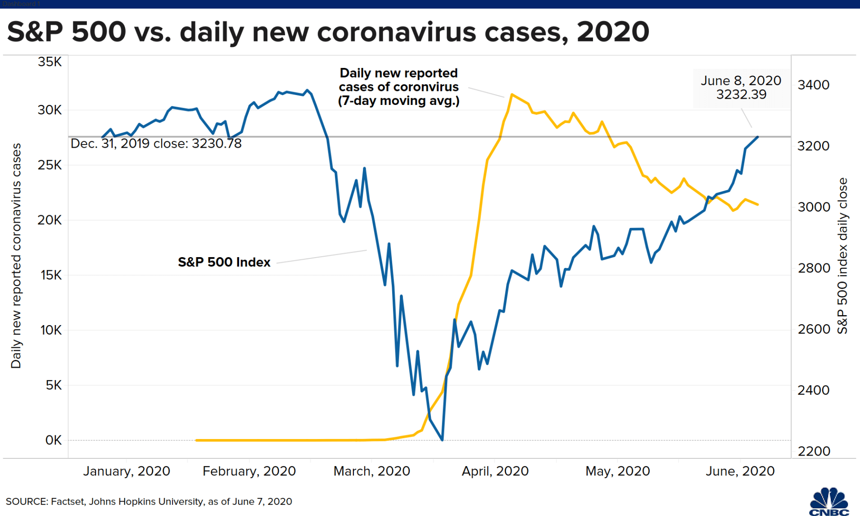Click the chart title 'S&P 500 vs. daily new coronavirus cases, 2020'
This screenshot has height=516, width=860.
click(328, 32)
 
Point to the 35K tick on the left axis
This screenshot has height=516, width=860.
click(50, 62)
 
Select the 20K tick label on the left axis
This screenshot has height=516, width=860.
click(50, 220)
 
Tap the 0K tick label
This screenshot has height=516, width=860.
click(54, 440)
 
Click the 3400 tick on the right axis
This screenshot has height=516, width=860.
click(813, 85)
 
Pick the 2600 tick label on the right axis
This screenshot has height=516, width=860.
click(814, 329)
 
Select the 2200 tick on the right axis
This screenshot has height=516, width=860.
click(814, 451)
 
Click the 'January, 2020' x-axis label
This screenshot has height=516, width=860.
click(127, 471)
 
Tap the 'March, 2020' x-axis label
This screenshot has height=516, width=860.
click(371, 471)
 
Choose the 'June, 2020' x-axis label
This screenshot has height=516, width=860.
click(740, 471)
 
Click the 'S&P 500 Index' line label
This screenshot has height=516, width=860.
click(224, 262)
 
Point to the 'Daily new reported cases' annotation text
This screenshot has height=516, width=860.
click(398, 86)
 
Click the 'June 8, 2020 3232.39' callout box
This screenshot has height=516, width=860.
click(741, 87)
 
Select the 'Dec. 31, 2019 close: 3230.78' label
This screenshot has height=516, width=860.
click(156, 144)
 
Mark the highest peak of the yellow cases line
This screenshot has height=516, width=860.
click(512, 95)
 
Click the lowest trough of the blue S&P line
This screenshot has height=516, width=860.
click(442, 440)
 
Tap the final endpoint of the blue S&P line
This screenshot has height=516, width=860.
click(757, 137)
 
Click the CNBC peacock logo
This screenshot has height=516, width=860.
click(829, 502)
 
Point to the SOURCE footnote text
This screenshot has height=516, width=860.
click(149, 502)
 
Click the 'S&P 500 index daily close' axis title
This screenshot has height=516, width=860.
click(842, 256)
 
